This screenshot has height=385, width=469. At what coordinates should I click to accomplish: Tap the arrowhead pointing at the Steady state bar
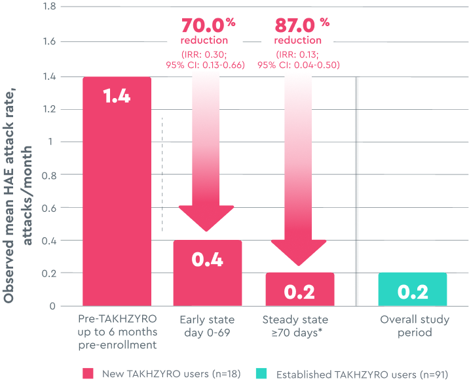(x=299, y=252)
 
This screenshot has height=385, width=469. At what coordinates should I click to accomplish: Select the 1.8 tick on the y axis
(x=48, y=8)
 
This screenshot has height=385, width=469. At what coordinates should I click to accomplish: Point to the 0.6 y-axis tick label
(x=48, y=208)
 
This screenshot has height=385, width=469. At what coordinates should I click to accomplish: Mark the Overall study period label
(x=415, y=326)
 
